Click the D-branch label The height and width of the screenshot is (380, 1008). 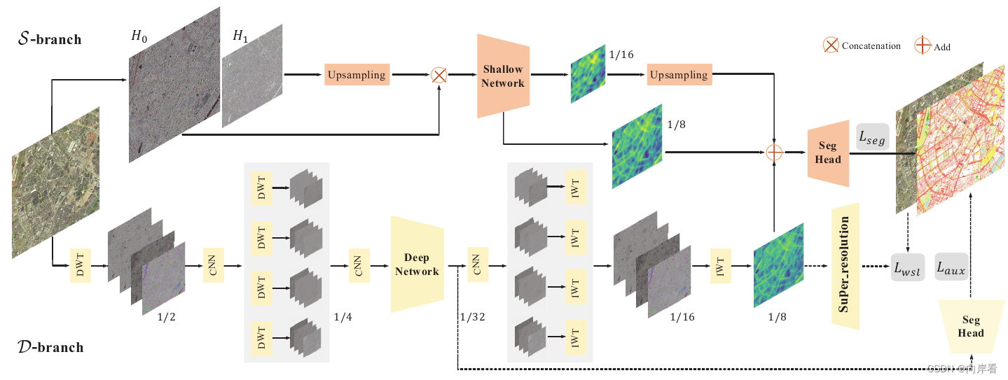50,347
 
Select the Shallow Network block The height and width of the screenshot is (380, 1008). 503,76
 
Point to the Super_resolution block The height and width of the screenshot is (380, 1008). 845,265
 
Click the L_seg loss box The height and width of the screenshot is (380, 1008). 872,139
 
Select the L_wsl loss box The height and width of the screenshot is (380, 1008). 908,267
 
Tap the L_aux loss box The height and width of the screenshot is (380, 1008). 951,267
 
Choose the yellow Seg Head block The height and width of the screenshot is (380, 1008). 970,327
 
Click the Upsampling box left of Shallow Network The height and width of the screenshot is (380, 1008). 357,75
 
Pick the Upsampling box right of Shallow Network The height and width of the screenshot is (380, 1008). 679,74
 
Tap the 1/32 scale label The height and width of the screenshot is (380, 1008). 472,317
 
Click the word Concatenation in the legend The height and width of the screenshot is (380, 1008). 871,46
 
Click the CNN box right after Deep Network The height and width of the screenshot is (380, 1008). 476,265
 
